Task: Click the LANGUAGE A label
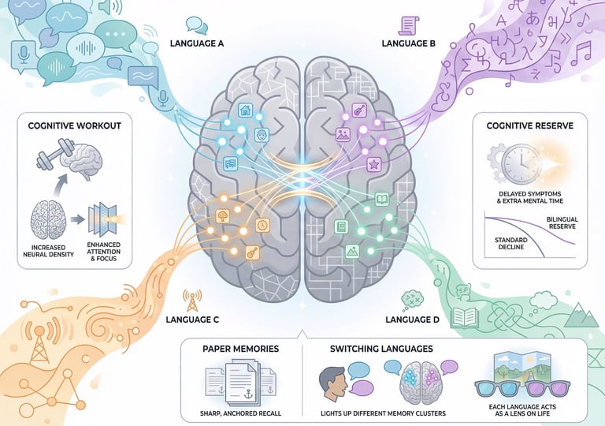pos(196,43)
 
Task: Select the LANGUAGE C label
pos(193,320)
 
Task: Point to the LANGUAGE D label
pos(412,320)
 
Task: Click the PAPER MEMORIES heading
pos(239,349)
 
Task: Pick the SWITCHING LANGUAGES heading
pos(376,349)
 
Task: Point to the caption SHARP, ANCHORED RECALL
pos(241,413)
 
